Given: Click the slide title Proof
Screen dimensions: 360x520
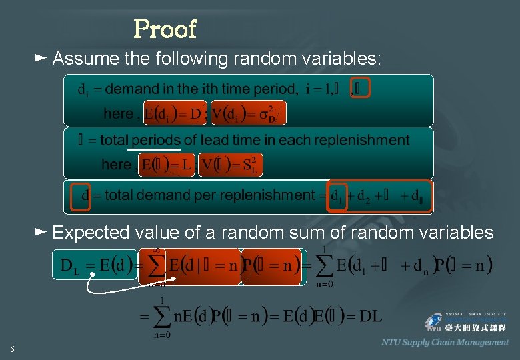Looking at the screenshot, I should pos(165,29).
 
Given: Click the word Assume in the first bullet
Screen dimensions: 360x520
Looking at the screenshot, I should pos(86,59).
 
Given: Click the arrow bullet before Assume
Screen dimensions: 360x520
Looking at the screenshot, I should pos(40,59).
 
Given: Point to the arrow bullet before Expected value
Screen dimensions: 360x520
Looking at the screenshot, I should pos(40,232).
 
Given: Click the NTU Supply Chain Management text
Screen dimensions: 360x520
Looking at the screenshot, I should pos(445,342).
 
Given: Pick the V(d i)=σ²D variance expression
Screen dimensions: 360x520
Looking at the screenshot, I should pos(249,114).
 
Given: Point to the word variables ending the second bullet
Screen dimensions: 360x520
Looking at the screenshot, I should pos(461,233).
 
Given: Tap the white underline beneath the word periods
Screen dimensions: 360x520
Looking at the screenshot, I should pos(154,150).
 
